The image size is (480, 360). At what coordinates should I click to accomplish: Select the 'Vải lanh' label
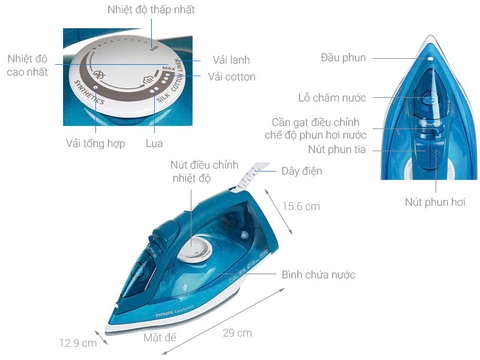tap(232, 59)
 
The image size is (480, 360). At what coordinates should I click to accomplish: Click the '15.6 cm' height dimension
tap(299, 207)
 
